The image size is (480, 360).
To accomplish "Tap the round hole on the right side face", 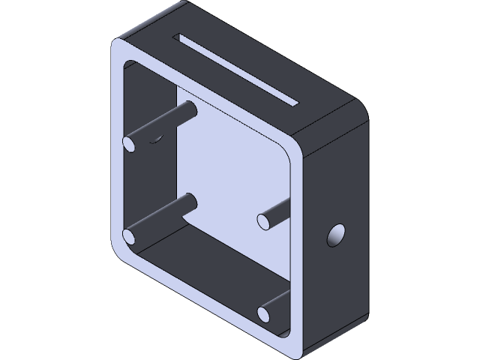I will pos(334,236).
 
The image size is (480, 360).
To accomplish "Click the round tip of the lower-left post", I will pos(130,238).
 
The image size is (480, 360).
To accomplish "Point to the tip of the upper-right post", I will pos(264,220).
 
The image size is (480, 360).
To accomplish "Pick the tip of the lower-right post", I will pos(264,313).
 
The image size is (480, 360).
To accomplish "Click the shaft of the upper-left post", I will pos(165,124).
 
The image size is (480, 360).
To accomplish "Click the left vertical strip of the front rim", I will pos(118,150).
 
